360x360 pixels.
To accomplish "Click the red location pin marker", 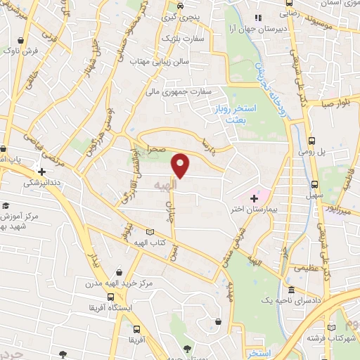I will click(x=181, y=165).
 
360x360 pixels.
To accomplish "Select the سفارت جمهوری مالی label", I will click(x=179, y=91).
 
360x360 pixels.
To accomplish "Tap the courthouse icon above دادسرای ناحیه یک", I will click(x=291, y=290).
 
